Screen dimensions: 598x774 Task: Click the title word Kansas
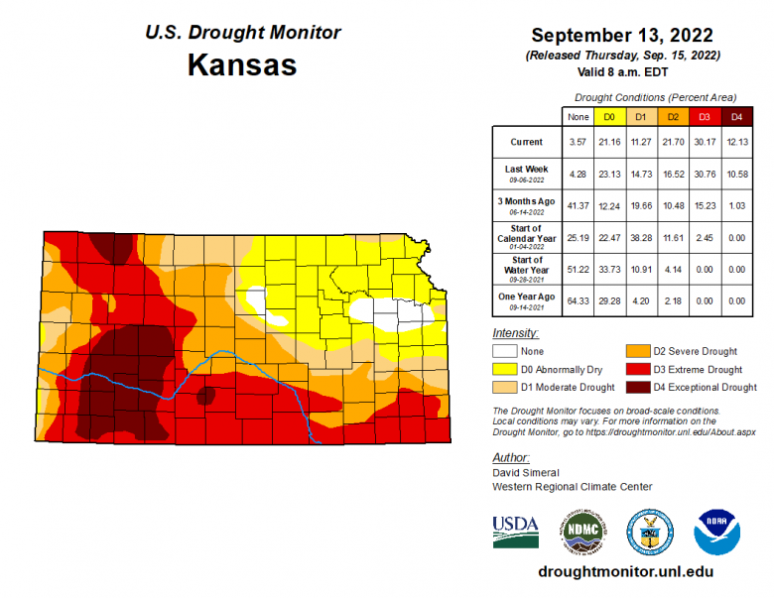click(242, 65)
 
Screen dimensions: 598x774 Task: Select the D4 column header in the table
click(735, 116)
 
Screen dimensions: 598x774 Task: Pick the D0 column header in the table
click(609, 116)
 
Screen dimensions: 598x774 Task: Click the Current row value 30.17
click(704, 142)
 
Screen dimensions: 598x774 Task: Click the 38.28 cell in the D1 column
click(640, 236)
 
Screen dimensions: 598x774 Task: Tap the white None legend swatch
click(505, 351)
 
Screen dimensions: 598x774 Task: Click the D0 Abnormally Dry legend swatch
click(505, 369)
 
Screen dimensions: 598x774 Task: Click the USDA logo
click(515, 531)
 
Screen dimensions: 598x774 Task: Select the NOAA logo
click(717, 531)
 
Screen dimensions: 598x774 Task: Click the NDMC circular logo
click(581, 531)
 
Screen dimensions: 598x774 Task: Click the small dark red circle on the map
click(205, 396)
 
